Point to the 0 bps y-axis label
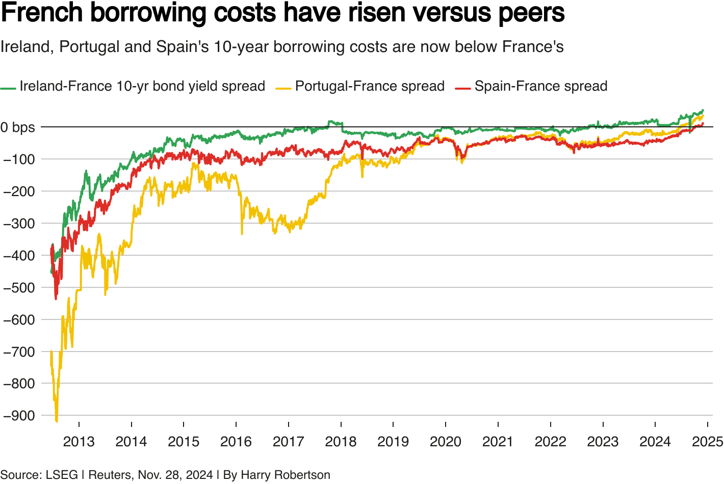pyautogui.click(x=18, y=127)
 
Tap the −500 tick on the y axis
pyautogui.click(x=19, y=287)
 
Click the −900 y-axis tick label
pyautogui.click(x=19, y=416)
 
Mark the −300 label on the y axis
pyautogui.click(x=19, y=223)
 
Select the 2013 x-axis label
pyautogui.click(x=79, y=442)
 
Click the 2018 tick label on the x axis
pyautogui.click(x=341, y=442)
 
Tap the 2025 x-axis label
pyautogui.click(x=707, y=442)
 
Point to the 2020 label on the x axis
pyautogui.click(x=446, y=442)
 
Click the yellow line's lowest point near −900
pyautogui.click(x=56, y=421)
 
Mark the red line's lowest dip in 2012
pyautogui.click(x=56, y=299)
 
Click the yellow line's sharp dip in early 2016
pyautogui.click(x=242, y=233)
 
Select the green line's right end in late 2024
pyautogui.click(x=703, y=110)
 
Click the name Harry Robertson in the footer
pyautogui.click(x=285, y=475)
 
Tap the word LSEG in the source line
pyautogui.click(x=62, y=475)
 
